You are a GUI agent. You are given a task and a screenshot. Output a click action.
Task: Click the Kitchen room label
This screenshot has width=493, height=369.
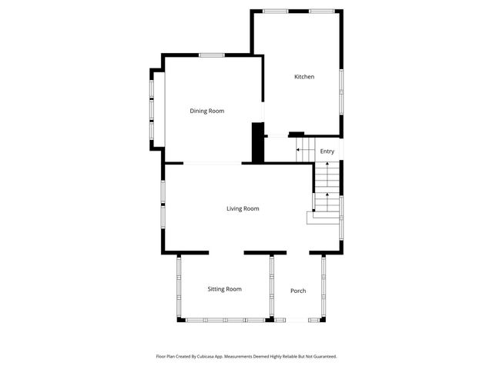pyautogui.click(x=304, y=76)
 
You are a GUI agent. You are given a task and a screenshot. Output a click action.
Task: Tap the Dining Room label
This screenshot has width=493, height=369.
pyautogui.click(x=207, y=111)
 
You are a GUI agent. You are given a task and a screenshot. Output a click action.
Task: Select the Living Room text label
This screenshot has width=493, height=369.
pyautogui.click(x=243, y=208)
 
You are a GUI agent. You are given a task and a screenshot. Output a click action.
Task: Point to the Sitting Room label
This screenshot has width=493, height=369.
pyautogui.click(x=224, y=289)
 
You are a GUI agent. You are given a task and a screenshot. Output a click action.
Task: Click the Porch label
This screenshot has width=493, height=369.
pyautogui.click(x=298, y=291)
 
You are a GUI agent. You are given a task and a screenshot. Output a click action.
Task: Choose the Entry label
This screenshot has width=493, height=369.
pyautogui.click(x=327, y=151)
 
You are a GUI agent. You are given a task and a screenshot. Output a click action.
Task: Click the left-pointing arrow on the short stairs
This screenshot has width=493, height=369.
pyautogui.click(x=299, y=150)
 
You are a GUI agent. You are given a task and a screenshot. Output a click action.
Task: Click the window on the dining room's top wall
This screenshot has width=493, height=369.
pyautogui.click(x=211, y=55)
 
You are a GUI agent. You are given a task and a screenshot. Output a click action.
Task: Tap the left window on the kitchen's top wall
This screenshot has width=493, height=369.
pyautogui.click(x=276, y=11)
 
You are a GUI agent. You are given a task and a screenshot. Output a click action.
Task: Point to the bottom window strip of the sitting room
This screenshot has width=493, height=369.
pyautogui.click(x=224, y=320)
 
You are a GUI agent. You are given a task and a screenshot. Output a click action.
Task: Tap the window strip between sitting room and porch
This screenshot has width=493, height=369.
pyautogui.click(x=271, y=286)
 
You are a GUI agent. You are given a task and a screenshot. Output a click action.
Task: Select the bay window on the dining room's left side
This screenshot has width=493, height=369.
pyautogui.click(x=152, y=107)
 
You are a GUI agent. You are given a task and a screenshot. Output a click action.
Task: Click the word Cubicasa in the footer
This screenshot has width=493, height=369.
pyautogui.click(x=204, y=357)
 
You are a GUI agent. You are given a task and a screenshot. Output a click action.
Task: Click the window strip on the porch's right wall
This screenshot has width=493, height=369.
pyautogui.click(x=324, y=286)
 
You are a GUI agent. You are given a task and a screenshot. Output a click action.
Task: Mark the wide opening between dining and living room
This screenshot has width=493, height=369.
pyautogui.click(x=212, y=163)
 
